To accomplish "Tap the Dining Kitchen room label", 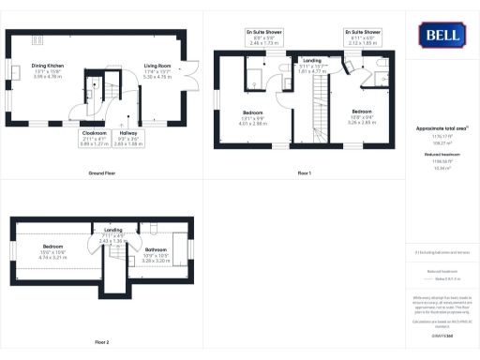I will click(48, 69).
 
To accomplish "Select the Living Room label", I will click(157, 69).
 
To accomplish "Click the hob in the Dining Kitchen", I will click(40, 39).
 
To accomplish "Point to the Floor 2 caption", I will click(102, 342).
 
